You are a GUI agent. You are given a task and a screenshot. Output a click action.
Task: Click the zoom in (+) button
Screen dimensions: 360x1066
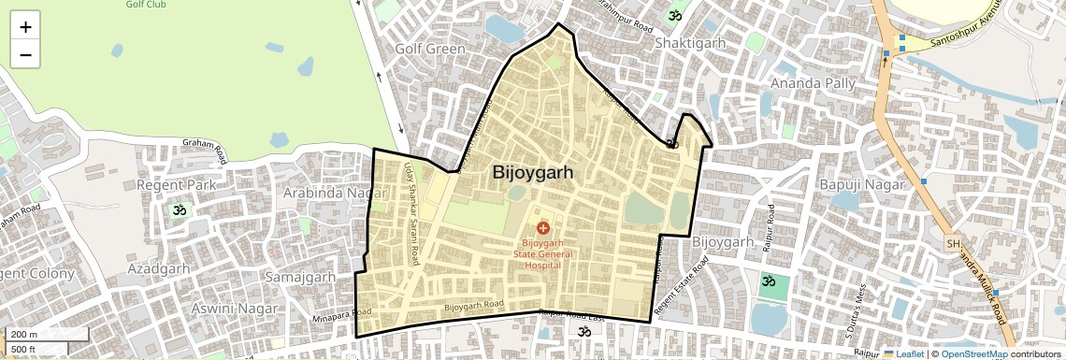pyautogui.click(x=25, y=27)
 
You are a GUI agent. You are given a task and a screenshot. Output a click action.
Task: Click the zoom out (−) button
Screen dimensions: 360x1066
pyautogui.click(x=25, y=55)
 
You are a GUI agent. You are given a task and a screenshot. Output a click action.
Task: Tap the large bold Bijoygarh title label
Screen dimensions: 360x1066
pyautogui.click(x=532, y=173)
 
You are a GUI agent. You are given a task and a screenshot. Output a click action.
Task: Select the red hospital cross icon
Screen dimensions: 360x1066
pyautogui.click(x=542, y=227)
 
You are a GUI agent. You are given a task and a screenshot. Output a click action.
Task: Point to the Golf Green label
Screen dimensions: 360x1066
pyautogui.click(x=429, y=49)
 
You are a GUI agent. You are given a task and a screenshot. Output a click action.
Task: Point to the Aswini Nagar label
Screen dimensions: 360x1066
pyautogui.click(x=234, y=308)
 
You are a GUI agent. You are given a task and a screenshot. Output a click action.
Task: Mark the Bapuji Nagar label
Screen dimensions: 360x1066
pyautogui.click(x=862, y=184)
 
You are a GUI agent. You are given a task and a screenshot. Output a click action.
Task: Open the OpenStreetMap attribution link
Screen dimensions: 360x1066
pyautogui.click(x=973, y=354)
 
